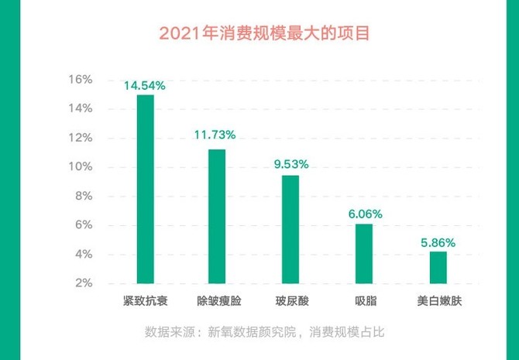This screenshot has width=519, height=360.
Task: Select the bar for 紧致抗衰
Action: tap(145, 189)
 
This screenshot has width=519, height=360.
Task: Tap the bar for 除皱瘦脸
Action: tap(217, 216)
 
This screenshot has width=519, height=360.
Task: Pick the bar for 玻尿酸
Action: tap(290, 229)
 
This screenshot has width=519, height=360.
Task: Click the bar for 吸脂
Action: tap(363, 253)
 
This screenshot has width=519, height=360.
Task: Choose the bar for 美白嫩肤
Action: tap(438, 267)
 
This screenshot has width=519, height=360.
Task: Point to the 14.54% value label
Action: tap(145, 86)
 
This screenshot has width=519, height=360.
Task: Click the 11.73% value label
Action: tap(215, 135)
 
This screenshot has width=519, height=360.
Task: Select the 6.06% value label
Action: tap(363, 213)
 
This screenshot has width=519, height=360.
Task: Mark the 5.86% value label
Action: tap(438, 242)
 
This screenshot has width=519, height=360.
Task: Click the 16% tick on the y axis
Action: tap(81, 80)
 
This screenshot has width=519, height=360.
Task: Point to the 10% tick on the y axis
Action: tap(81, 167)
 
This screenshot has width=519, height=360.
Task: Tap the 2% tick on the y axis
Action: tap(83, 283)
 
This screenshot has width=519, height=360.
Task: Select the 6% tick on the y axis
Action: tap(83, 225)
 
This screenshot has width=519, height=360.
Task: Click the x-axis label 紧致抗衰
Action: tap(145, 300)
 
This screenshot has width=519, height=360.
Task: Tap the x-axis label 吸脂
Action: tap(363, 300)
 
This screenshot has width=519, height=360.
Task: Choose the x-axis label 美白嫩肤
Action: tap(438, 300)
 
